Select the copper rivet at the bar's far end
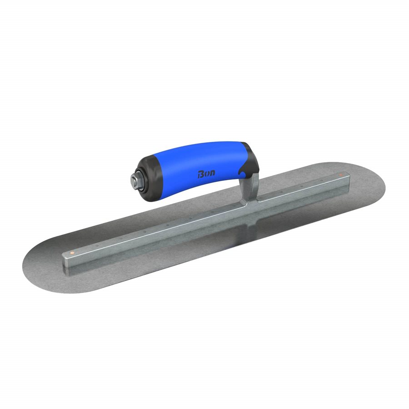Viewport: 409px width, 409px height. click(340, 175)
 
